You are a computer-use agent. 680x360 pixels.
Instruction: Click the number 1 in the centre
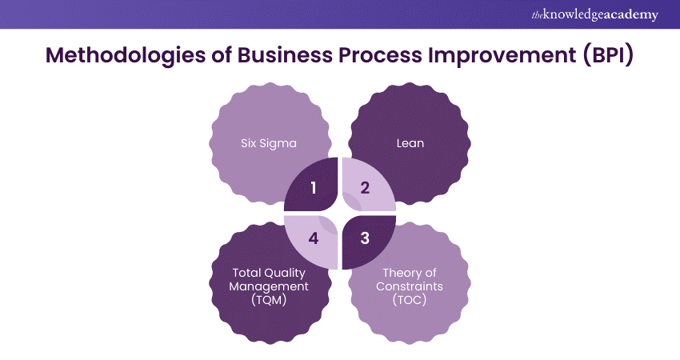[x=313, y=189]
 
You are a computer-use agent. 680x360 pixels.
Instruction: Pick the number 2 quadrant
[x=366, y=189]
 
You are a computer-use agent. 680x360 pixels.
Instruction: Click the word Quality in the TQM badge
[x=285, y=273]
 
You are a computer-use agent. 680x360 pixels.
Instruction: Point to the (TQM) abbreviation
[x=270, y=300]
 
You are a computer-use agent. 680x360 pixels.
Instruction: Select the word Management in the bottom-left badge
[x=270, y=286]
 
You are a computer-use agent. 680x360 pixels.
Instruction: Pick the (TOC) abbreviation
[x=409, y=300]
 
